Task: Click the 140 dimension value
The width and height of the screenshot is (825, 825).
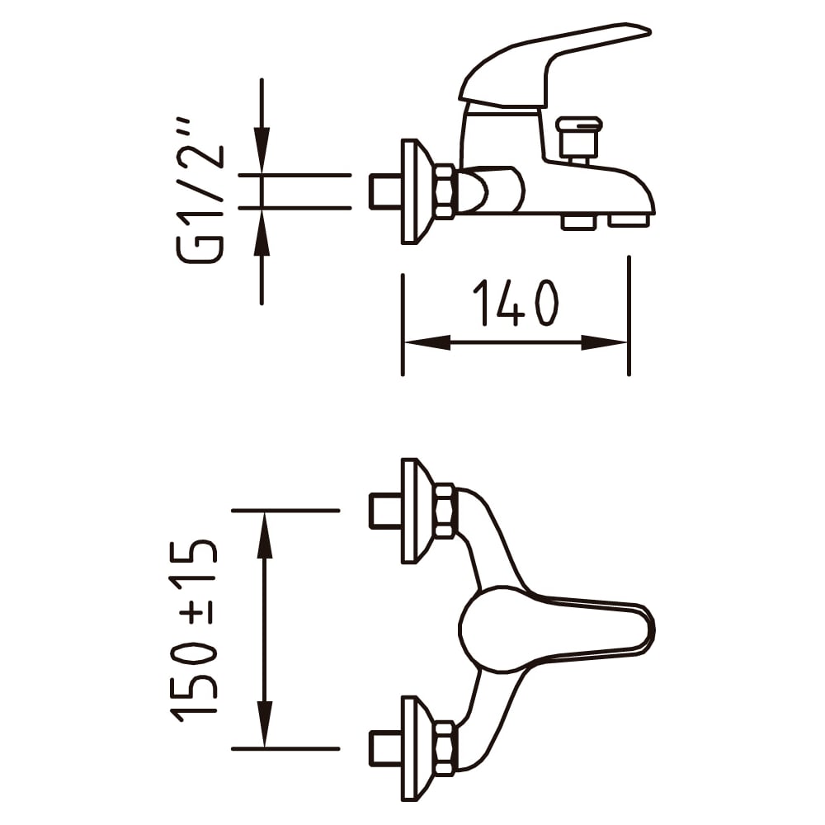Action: (x=515, y=303)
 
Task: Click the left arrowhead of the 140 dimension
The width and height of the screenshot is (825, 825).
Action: (x=427, y=342)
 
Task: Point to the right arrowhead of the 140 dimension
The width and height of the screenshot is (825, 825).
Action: (x=605, y=342)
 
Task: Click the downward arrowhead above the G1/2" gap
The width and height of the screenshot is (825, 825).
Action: (x=262, y=150)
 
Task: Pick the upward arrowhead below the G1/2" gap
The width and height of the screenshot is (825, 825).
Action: (x=262, y=232)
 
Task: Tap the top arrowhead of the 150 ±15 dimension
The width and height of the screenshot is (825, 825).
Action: (x=264, y=535)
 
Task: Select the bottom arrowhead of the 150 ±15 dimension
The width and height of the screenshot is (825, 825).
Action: (x=264, y=724)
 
